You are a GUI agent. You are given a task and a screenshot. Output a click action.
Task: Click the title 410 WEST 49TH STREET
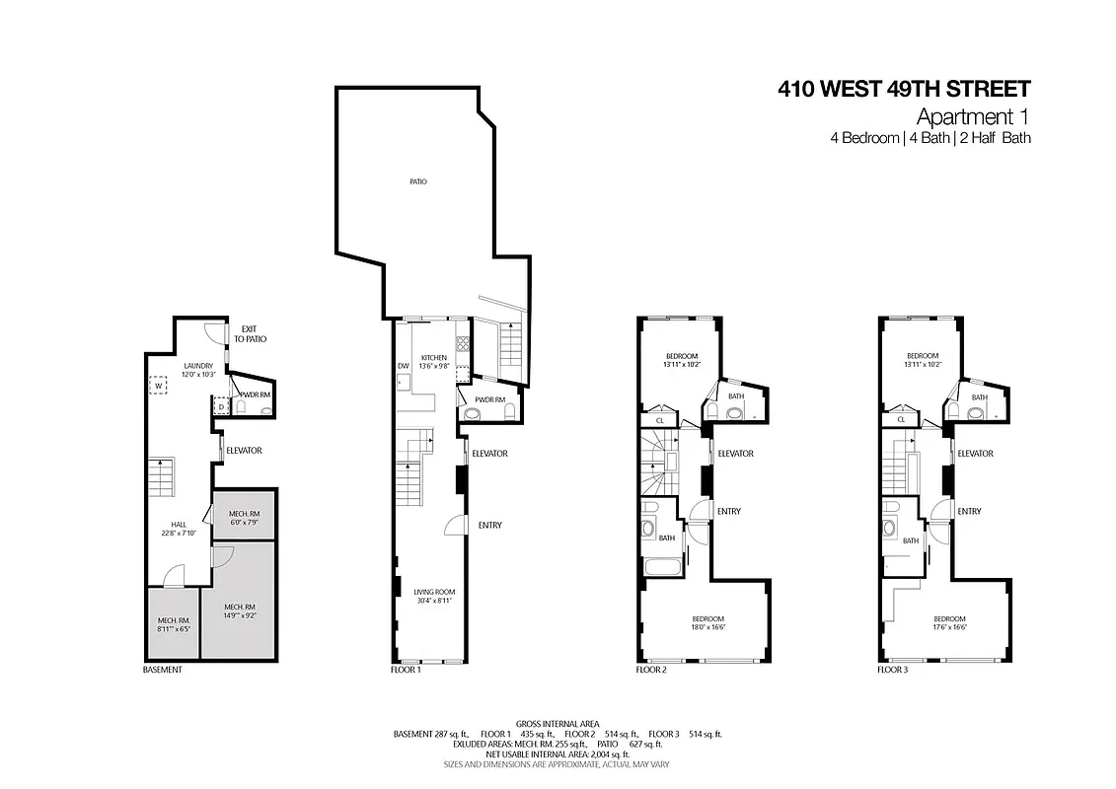tap(904, 90)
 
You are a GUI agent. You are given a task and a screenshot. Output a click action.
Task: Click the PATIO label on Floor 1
tap(418, 181)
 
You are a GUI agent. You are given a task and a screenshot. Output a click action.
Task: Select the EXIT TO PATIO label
tap(252, 333)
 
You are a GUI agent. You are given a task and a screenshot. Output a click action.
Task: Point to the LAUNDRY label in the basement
tap(197, 365)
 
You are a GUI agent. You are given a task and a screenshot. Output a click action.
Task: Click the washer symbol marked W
tap(158, 385)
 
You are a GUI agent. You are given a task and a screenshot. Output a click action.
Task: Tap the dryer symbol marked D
tap(220, 405)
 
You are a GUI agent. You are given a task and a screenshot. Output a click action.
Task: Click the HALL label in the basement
tap(178, 525)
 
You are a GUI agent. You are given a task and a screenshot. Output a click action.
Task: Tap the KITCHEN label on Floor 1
tap(434, 357)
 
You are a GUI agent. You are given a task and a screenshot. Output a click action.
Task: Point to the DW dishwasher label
tap(403, 366)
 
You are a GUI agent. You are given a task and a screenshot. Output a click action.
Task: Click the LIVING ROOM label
tap(434, 592)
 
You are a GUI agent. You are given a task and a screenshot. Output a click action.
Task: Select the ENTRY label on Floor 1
tap(489, 525)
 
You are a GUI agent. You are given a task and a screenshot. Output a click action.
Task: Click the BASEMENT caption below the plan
tap(163, 670)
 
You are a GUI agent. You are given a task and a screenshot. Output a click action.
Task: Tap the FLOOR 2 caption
tap(651, 670)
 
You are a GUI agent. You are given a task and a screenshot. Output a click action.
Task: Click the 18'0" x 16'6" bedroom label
tap(707, 623)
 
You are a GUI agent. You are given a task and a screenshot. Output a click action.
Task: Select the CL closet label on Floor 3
tap(901, 420)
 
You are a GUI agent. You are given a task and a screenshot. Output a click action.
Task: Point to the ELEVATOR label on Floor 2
tap(735, 454)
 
